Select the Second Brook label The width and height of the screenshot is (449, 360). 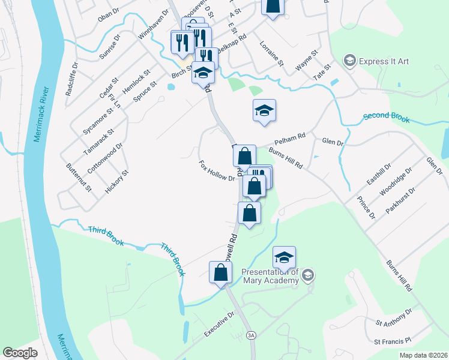(x=387, y=117)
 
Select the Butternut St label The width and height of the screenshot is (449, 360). (x=79, y=178)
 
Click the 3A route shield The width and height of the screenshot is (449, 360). (x=250, y=335)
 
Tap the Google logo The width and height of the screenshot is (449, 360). (x=20, y=353)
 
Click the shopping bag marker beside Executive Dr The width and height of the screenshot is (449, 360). (x=220, y=273)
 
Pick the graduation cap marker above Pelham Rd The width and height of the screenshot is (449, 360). (x=264, y=111)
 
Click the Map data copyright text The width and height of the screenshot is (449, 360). (x=423, y=355)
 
